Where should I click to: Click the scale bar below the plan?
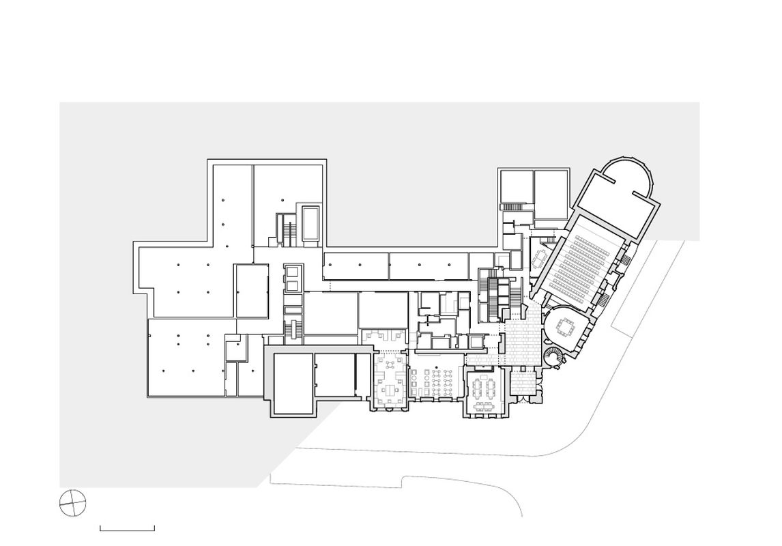128,528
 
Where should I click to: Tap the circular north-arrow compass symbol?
73,504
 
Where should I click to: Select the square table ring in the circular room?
566,328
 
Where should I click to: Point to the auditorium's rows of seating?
581,262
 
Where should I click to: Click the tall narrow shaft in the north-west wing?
310,222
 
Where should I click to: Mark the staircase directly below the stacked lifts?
293,329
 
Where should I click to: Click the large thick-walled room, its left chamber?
293,384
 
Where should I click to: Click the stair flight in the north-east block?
514,206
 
